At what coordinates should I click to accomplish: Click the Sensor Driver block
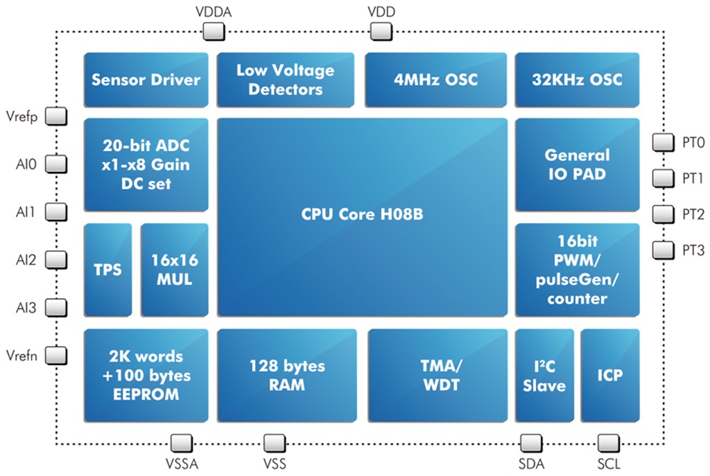[x=146, y=80]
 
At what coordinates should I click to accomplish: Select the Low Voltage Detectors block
[x=285, y=80]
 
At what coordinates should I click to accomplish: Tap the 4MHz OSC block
[x=435, y=80]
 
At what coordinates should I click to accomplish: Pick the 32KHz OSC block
[x=577, y=80]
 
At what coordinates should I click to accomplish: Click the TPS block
[x=107, y=270]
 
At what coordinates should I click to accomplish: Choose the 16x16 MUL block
[x=174, y=270]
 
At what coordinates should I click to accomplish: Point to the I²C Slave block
[x=544, y=376]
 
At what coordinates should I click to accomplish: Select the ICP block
[x=610, y=376]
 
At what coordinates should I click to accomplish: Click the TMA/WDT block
[x=438, y=376]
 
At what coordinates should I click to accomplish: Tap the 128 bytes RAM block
[x=286, y=376]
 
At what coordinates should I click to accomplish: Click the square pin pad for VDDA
[x=214, y=32]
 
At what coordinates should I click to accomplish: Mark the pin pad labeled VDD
[x=381, y=32]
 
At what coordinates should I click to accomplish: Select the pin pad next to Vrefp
[x=56, y=116]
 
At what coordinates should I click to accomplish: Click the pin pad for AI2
[x=56, y=260]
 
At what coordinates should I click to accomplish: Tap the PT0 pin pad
[x=664, y=142]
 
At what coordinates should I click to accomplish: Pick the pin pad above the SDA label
[x=531, y=443]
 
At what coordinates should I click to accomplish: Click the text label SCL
[x=609, y=464]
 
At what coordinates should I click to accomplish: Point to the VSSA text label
[x=182, y=464]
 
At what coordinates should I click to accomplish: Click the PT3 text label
[x=693, y=250]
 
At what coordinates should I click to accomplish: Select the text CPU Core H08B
[x=362, y=214]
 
